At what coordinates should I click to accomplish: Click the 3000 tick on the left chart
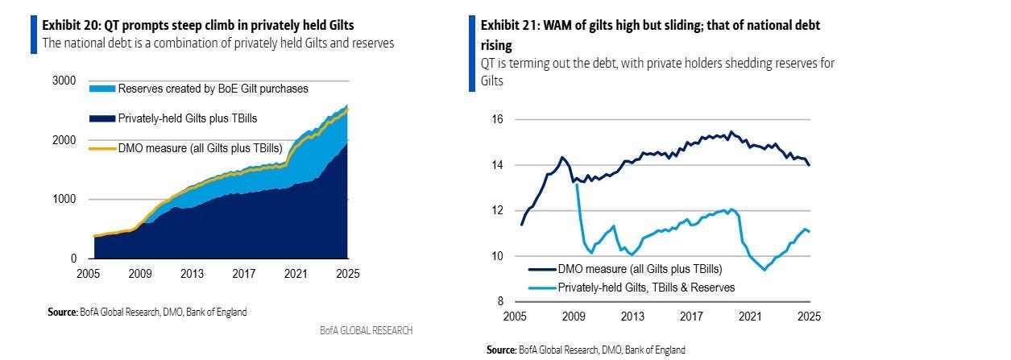tap(65, 81)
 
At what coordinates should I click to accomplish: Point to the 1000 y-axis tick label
tap(65, 199)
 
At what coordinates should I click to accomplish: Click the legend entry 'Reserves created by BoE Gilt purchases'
tap(213, 89)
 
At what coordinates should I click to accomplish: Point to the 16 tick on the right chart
tap(498, 119)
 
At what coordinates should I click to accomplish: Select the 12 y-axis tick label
tap(498, 210)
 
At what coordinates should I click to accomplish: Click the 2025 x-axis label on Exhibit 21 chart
tap(808, 317)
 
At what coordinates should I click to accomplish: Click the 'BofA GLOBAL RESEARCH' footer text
tap(366, 330)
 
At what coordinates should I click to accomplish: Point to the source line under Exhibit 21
tap(586, 350)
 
